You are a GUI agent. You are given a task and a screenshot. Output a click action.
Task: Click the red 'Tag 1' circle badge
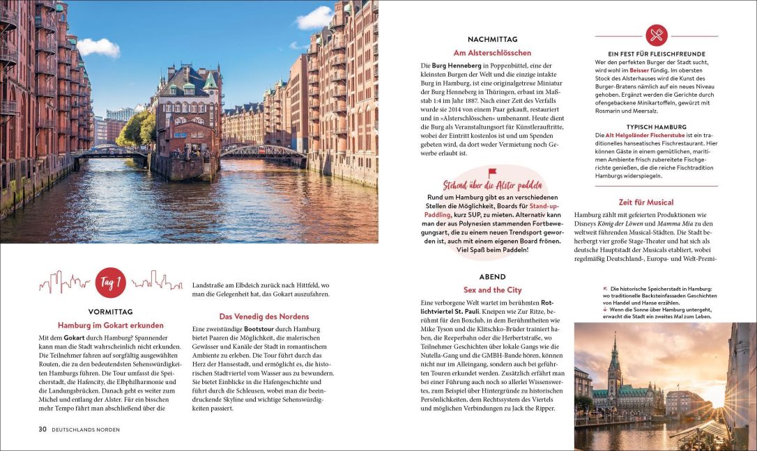(x=110, y=283)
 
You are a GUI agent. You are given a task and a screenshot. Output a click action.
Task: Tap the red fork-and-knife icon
(x=656, y=35)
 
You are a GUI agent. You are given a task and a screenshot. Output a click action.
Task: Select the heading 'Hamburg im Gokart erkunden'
(x=110, y=325)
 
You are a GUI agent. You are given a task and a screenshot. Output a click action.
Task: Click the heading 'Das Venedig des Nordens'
(x=264, y=316)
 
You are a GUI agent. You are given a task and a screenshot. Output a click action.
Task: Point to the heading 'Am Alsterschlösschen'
(x=492, y=53)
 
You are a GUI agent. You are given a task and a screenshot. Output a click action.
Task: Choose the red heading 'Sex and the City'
(x=492, y=290)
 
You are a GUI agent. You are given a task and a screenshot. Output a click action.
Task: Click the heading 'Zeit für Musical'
(x=645, y=203)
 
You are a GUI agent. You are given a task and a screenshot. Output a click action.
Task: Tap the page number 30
(x=43, y=429)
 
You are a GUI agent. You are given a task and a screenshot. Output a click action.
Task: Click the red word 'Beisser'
(x=639, y=71)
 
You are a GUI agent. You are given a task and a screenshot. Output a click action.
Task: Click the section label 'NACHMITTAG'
(x=492, y=40)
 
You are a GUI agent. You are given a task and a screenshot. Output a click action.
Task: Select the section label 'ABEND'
(x=492, y=276)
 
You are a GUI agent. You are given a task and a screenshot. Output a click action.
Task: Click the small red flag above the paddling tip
(x=492, y=173)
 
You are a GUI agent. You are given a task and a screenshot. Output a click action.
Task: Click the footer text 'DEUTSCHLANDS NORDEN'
(x=87, y=429)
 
